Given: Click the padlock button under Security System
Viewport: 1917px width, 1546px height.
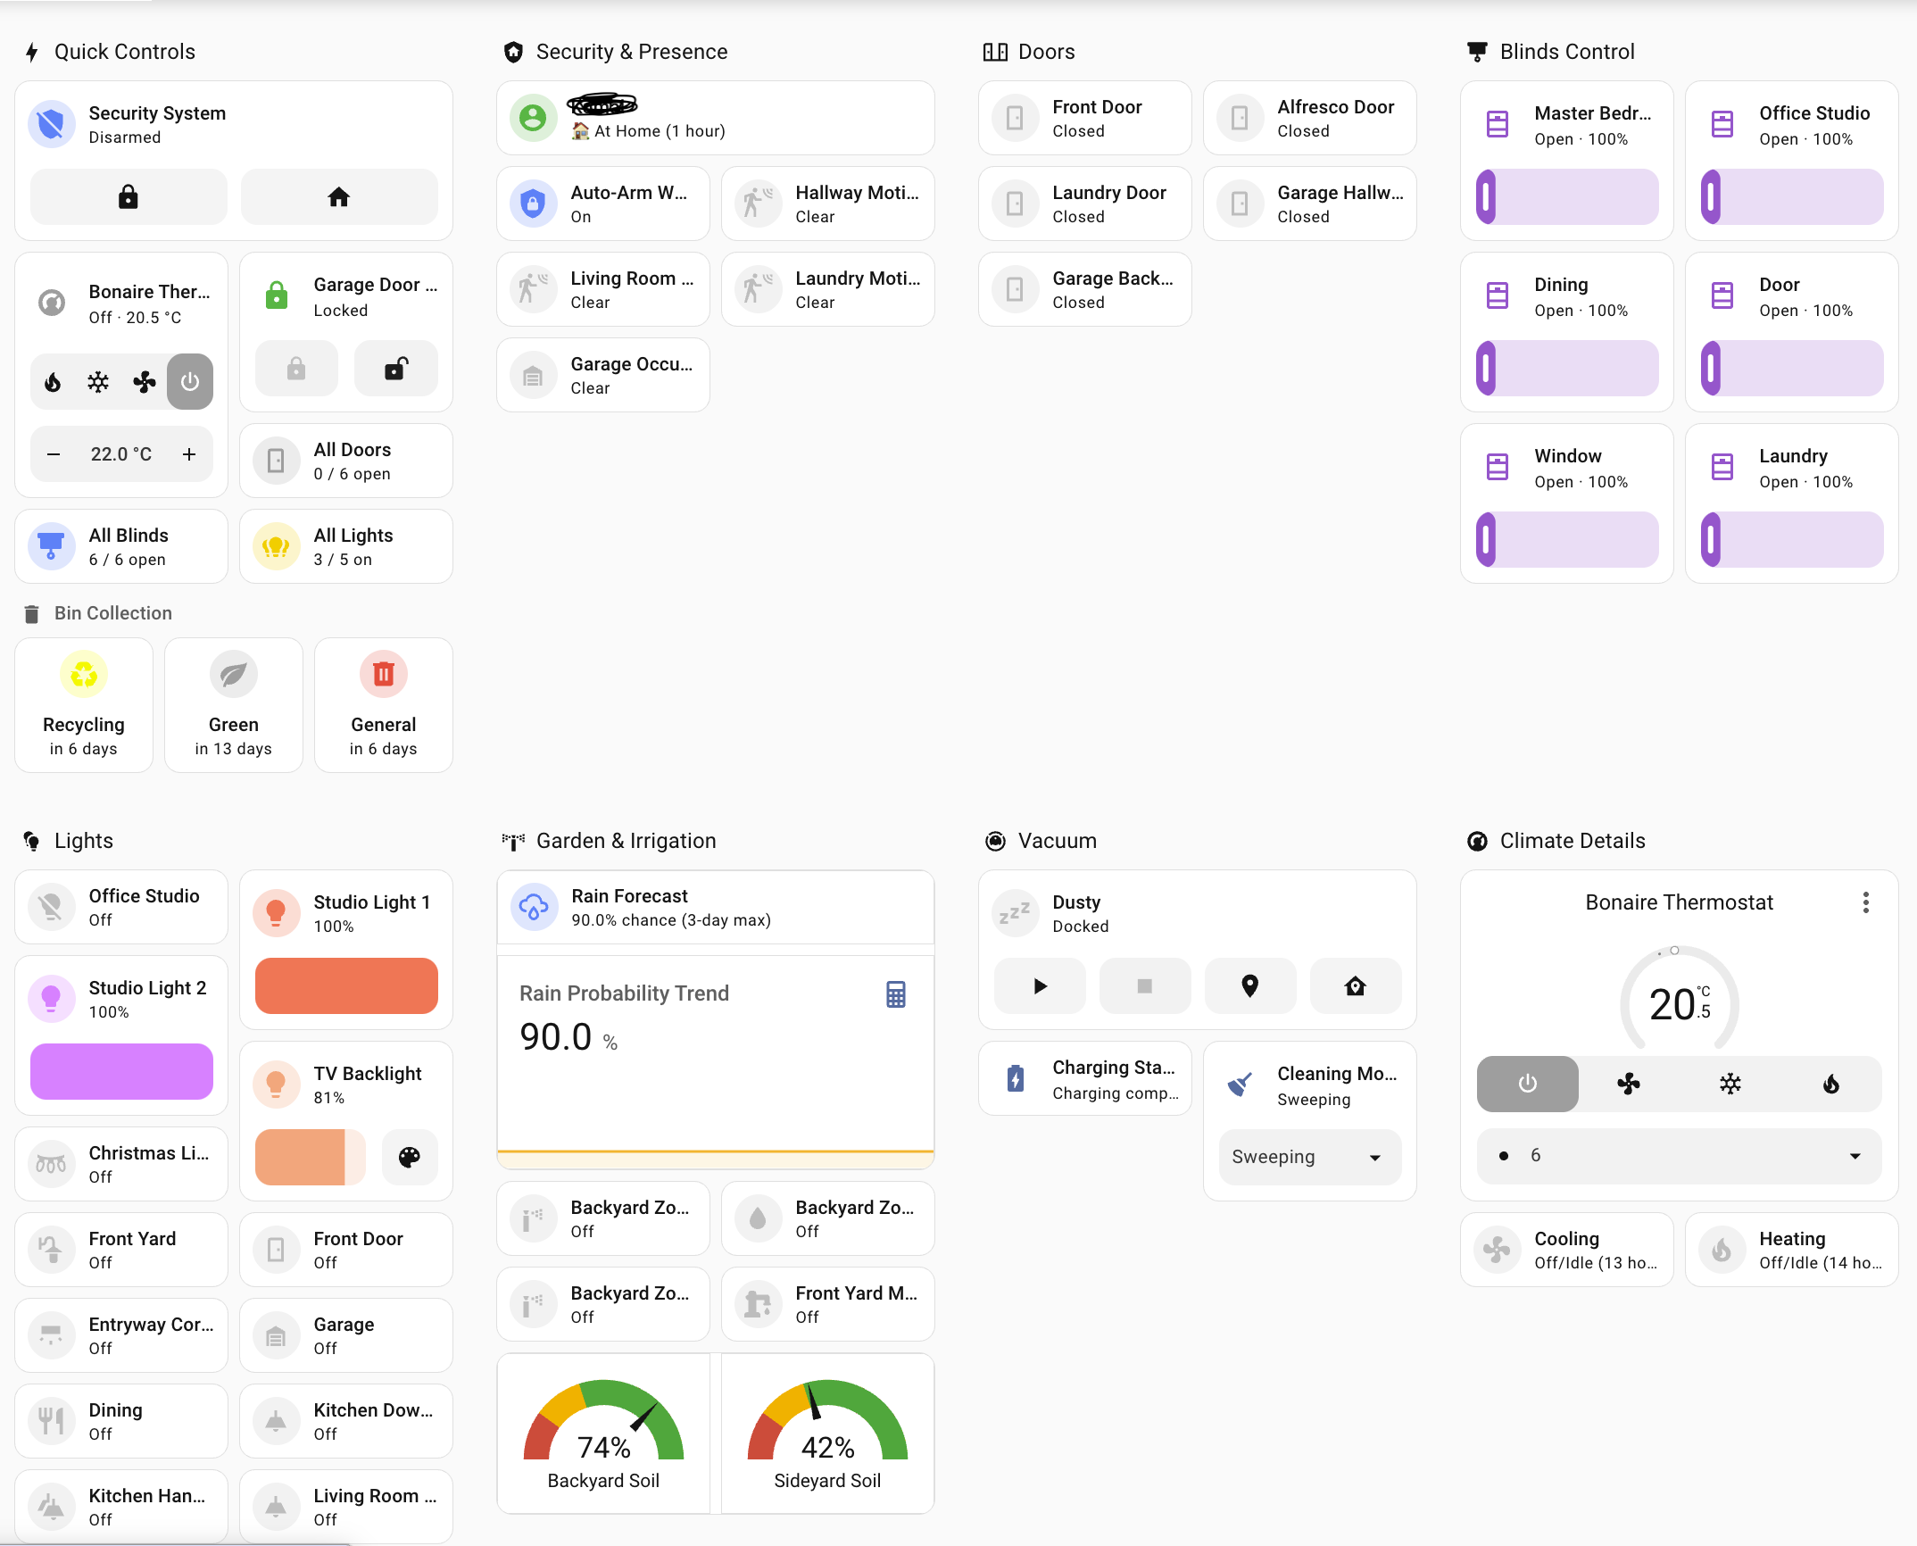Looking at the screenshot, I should coord(129,196).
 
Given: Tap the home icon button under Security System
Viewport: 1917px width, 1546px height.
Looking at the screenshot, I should coord(339,196).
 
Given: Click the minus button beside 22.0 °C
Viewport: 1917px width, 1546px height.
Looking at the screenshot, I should coord(54,454).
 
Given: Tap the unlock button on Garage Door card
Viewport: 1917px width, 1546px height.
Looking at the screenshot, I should coord(395,368).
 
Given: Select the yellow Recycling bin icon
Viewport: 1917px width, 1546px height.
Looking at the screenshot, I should coord(84,674).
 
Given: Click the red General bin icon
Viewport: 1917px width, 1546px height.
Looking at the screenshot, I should coord(384,674).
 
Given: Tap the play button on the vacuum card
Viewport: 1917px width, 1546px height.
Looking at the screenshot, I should coord(1040,986).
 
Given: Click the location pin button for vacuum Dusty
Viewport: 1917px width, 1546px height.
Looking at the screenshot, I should coord(1249,986).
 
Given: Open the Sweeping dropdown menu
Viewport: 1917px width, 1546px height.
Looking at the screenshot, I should coord(1309,1157).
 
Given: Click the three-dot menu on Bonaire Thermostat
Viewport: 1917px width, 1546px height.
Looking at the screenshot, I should coord(1865,902).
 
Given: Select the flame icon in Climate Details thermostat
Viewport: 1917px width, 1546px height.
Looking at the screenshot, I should coord(1830,1084).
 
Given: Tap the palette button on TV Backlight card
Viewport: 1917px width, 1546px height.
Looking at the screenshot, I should coord(410,1157).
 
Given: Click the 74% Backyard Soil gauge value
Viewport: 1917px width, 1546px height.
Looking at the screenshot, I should coord(603,1447).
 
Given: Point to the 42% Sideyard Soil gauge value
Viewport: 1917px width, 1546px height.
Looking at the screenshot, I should coord(827,1447).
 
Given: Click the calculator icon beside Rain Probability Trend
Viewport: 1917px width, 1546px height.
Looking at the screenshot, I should coord(896,993).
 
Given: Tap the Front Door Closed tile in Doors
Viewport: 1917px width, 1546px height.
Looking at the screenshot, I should coord(1084,118).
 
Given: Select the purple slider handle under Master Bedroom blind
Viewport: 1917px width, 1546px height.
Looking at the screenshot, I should coord(1486,196).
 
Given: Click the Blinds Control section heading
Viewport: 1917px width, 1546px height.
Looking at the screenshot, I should coord(1566,52).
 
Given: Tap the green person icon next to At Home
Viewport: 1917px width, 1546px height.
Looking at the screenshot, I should coord(533,118).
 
